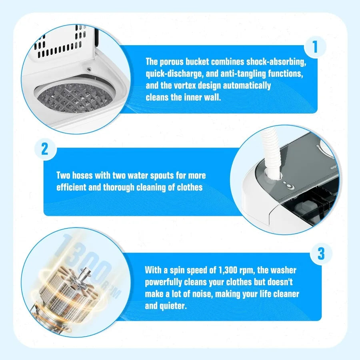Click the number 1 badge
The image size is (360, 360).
(315, 48)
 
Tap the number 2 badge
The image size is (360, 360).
(45, 149)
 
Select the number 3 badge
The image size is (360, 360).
(321, 254)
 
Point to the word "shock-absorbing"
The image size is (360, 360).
(280, 62)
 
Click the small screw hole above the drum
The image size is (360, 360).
(89, 69)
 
